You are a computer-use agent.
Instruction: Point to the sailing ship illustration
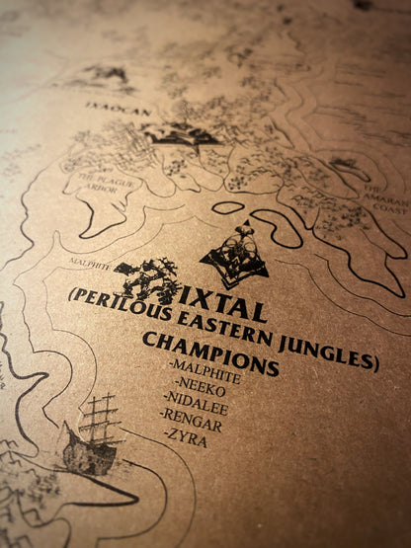coord(94,439)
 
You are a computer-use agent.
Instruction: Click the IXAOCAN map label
coord(118,109)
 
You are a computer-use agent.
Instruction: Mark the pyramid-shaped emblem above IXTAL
coord(235,257)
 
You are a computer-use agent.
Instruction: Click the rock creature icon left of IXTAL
coord(148,279)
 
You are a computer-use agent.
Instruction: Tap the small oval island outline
coord(228,207)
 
